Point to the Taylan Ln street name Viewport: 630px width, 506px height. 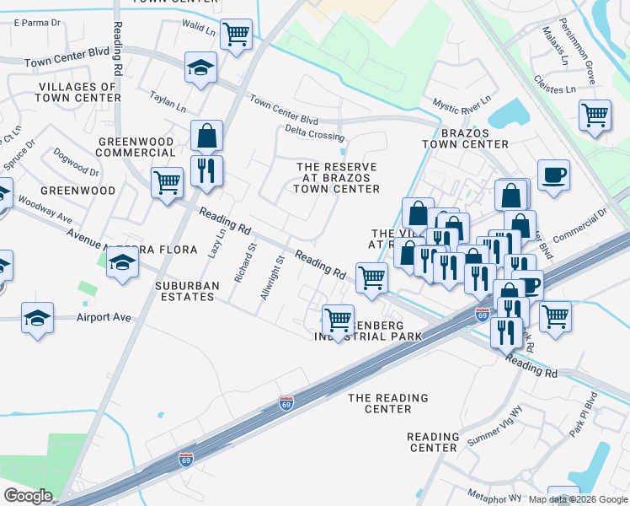click(168, 101)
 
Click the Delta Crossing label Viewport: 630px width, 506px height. click(314, 132)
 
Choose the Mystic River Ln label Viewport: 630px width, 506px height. click(462, 105)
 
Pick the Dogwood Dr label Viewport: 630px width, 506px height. click(76, 162)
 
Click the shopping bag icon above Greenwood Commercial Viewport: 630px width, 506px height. click(206, 135)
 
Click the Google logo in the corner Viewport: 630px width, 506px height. click(28, 496)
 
